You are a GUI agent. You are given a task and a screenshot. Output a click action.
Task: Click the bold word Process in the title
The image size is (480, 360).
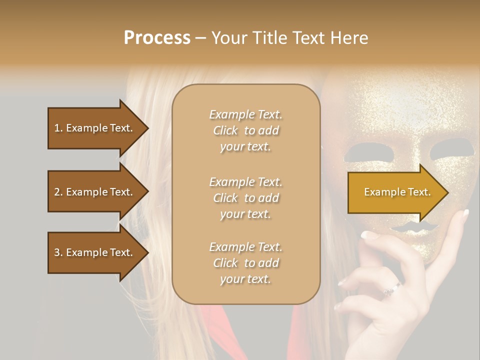pyautogui.click(x=157, y=37)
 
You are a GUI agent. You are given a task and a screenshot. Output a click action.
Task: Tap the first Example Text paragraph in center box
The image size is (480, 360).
pyautogui.click(x=245, y=130)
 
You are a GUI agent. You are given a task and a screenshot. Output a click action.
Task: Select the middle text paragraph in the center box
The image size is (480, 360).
pyautogui.click(x=245, y=198)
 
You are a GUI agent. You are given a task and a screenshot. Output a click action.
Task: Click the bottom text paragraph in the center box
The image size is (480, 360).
pyautogui.click(x=245, y=263)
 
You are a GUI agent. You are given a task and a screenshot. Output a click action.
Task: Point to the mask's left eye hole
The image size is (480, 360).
pyautogui.click(x=358, y=151)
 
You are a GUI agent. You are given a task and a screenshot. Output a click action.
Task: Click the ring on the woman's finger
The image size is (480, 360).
pyautogui.click(x=392, y=288)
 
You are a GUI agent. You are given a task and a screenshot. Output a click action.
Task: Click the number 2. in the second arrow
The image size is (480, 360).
pyautogui.click(x=58, y=192)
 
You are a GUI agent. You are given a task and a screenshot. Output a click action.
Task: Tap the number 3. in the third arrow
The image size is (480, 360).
pyautogui.click(x=58, y=252)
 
